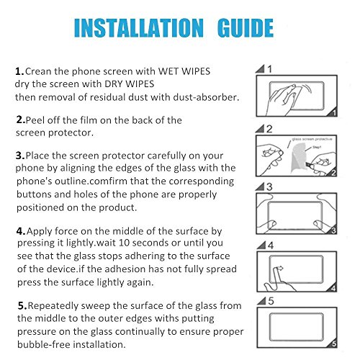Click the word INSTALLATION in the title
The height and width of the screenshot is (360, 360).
(139, 28)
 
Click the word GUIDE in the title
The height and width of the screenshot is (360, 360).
(246, 28)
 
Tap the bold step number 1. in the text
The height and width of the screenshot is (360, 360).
(19, 71)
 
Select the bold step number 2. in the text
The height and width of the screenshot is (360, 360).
(21, 120)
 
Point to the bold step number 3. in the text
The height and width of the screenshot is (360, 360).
(20, 156)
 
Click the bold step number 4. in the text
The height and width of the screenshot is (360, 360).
(21, 231)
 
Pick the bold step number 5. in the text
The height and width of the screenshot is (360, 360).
(22, 306)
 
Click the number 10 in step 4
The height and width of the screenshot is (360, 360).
(124, 243)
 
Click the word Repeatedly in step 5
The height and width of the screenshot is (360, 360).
(53, 306)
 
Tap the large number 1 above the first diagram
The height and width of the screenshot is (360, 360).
(269, 69)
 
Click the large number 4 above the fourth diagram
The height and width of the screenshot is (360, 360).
(271, 246)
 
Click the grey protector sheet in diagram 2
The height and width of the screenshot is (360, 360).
(298, 157)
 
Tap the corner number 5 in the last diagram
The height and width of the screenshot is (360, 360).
(334, 344)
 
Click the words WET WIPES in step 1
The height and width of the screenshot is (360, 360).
(184, 71)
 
